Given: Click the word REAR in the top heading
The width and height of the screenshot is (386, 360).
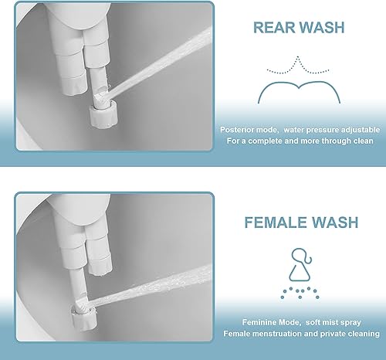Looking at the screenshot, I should pos(273,29).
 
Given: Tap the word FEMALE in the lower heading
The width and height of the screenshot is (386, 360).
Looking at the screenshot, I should pos(279,222).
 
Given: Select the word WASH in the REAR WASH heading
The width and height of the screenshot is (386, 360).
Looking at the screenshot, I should pos(322,29).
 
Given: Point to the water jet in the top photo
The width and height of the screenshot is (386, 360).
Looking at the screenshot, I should pos(162,62).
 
